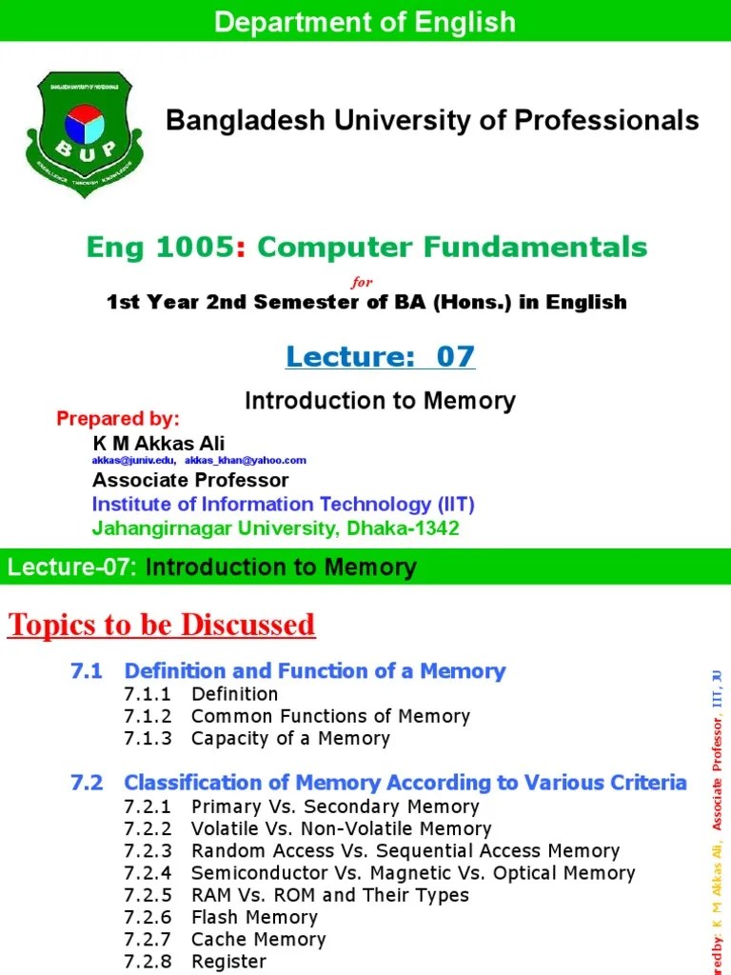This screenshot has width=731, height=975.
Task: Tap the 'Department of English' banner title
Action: point(365,22)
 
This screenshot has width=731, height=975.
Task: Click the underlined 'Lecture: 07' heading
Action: point(380,356)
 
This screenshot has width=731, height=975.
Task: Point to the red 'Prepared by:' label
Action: point(118,419)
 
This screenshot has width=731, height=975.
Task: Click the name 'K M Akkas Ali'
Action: point(159,443)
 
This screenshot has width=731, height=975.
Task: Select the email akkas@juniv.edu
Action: point(133,460)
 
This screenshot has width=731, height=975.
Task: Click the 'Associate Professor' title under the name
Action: point(190,480)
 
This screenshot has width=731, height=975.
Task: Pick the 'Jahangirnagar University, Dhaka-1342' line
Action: point(275,527)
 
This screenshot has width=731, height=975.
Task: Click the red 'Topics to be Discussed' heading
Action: point(162,625)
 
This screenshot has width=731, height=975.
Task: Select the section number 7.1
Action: point(86,671)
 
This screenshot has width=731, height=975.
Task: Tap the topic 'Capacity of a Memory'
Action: point(290,738)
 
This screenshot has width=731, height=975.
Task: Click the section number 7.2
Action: point(86,783)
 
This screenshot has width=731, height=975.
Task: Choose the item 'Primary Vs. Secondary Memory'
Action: point(335,806)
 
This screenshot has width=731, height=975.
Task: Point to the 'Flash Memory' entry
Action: point(254,917)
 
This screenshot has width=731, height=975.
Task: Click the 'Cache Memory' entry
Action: point(258,939)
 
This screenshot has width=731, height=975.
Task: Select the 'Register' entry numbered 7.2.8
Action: point(228,961)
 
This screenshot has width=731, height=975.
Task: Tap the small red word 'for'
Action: point(363,282)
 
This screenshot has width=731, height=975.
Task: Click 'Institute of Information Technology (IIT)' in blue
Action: point(283,504)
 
